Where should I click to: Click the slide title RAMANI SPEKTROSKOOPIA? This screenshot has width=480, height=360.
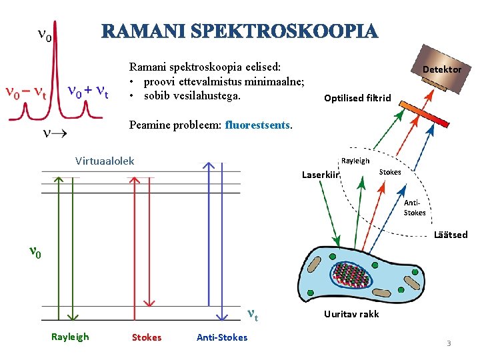pyautogui.click(x=240, y=32)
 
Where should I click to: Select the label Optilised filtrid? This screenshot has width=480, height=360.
pyautogui.click(x=357, y=99)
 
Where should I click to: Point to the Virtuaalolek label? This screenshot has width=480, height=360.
pyautogui.click(x=105, y=161)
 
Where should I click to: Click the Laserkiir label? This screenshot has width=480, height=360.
pyautogui.click(x=321, y=175)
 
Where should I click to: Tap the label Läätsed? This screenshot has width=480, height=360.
pyautogui.click(x=451, y=235)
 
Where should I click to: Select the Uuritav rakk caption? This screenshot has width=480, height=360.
pyautogui.click(x=351, y=313)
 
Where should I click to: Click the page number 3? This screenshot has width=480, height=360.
pyautogui.click(x=449, y=343)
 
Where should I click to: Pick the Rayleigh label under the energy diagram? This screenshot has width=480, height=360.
pyautogui.click(x=70, y=337)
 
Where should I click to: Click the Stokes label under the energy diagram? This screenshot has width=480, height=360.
pyautogui.click(x=147, y=337)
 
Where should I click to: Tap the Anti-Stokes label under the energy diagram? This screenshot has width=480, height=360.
pyautogui.click(x=222, y=337)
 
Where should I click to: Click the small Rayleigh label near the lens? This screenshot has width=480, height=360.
pyautogui.click(x=355, y=161)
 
